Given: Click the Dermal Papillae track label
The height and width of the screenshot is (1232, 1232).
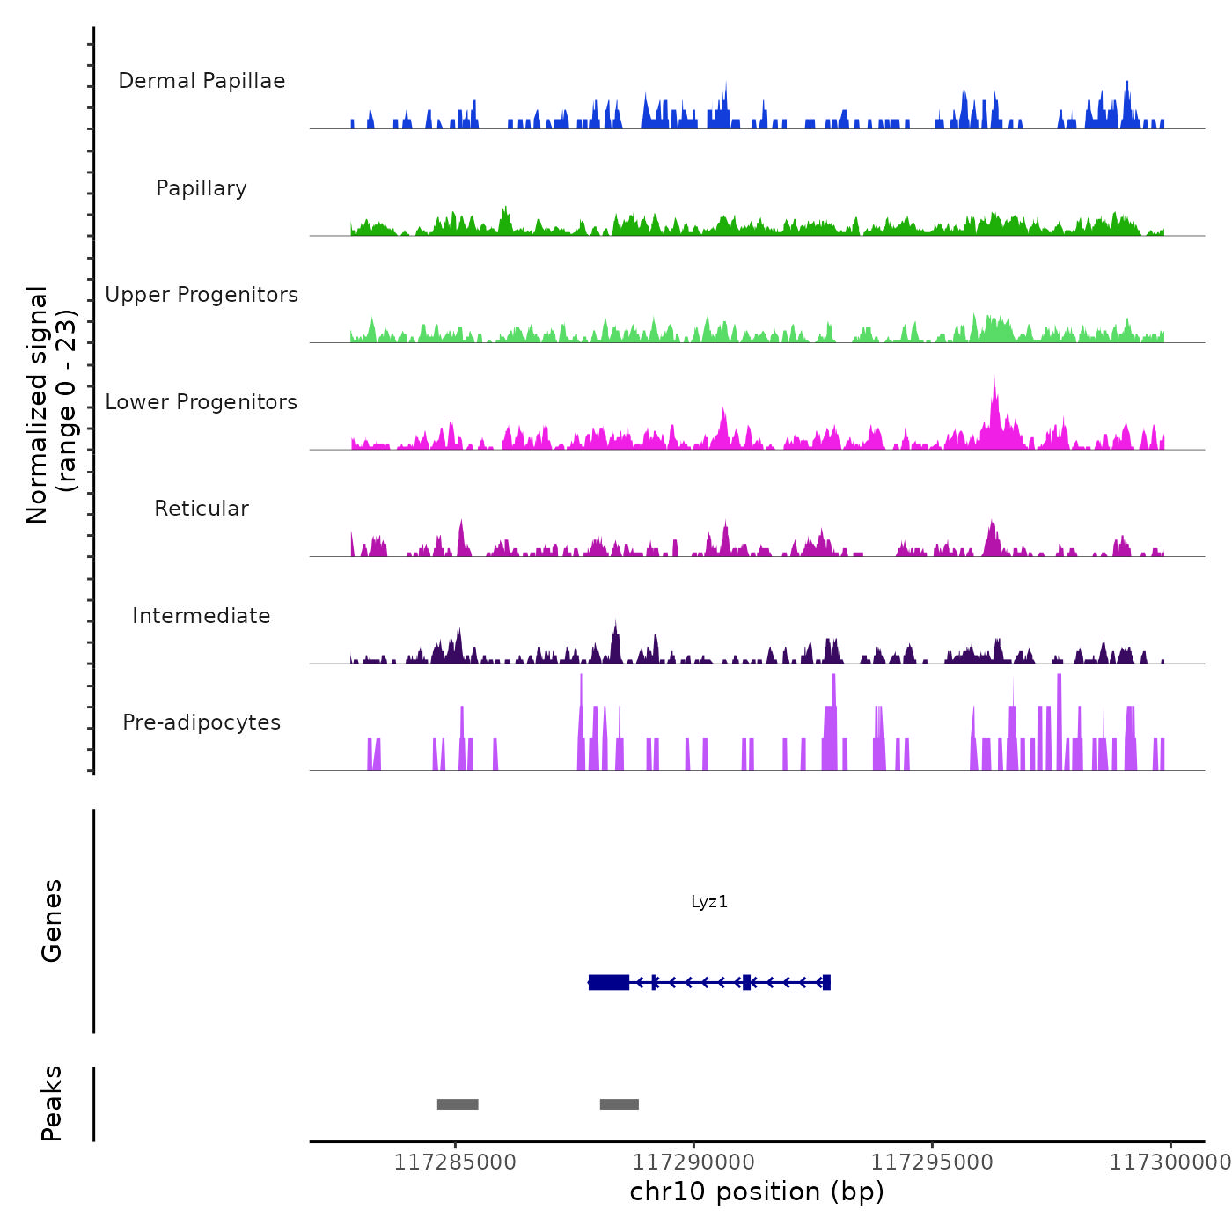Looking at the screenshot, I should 202,81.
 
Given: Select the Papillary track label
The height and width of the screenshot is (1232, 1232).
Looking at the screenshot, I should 202,188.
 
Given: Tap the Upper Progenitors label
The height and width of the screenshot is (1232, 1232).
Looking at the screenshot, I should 202,295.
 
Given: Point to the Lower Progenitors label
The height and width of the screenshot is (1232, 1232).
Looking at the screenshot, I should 202,402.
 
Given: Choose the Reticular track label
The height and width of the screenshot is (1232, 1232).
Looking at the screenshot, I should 202,509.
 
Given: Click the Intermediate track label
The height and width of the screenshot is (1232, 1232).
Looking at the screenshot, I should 202,616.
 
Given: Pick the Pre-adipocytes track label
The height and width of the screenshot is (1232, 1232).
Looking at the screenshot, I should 202,722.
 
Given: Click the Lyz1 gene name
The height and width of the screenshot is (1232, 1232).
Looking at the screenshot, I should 709,902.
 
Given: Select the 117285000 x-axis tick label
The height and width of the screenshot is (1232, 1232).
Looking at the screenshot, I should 455,1162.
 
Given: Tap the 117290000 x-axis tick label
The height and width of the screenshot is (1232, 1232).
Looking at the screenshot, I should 693,1162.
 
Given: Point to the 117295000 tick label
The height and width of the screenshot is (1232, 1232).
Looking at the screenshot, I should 932,1162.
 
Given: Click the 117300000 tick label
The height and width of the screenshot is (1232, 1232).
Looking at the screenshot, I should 1170,1162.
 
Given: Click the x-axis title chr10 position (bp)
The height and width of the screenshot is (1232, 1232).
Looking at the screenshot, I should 757,1192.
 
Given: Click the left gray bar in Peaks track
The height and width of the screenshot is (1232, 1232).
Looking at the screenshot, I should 458,1104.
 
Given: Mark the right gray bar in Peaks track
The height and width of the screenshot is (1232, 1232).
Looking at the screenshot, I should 620,1104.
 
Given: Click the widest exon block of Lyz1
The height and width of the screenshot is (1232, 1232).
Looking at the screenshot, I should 609,982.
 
